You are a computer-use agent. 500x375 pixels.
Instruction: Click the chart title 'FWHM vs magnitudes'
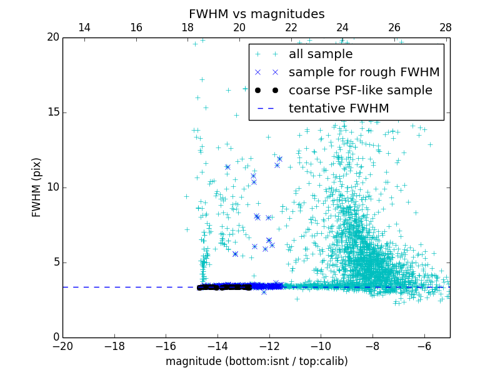click(256, 14)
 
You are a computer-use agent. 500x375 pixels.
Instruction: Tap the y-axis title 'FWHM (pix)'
click(37, 187)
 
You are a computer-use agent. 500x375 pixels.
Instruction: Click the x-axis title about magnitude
click(256, 361)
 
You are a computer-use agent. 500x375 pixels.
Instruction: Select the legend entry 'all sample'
click(321, 54)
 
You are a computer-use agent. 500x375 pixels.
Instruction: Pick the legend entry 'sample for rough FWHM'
click(364, 72)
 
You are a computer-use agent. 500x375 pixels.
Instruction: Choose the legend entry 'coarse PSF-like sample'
click(360, 91)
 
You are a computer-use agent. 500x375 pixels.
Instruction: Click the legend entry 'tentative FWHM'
click(339, 109)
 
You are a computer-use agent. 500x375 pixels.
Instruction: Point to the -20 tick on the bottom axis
click(62, 346)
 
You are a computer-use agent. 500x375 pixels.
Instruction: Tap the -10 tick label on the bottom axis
click(321, 346)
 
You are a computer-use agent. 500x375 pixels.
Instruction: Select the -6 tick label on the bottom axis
click(424, 346)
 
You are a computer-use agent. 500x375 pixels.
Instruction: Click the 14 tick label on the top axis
click(84, 27)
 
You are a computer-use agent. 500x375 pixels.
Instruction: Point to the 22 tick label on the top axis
click(291, 27)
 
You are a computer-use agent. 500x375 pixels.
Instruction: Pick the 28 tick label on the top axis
click(446, 27)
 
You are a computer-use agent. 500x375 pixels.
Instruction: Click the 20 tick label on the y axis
click(52, 37)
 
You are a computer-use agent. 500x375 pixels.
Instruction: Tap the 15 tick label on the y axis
click(52, 112)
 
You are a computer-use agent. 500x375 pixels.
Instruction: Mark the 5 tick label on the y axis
click(55, 262)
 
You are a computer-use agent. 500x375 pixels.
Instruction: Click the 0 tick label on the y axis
click(55, 337)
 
